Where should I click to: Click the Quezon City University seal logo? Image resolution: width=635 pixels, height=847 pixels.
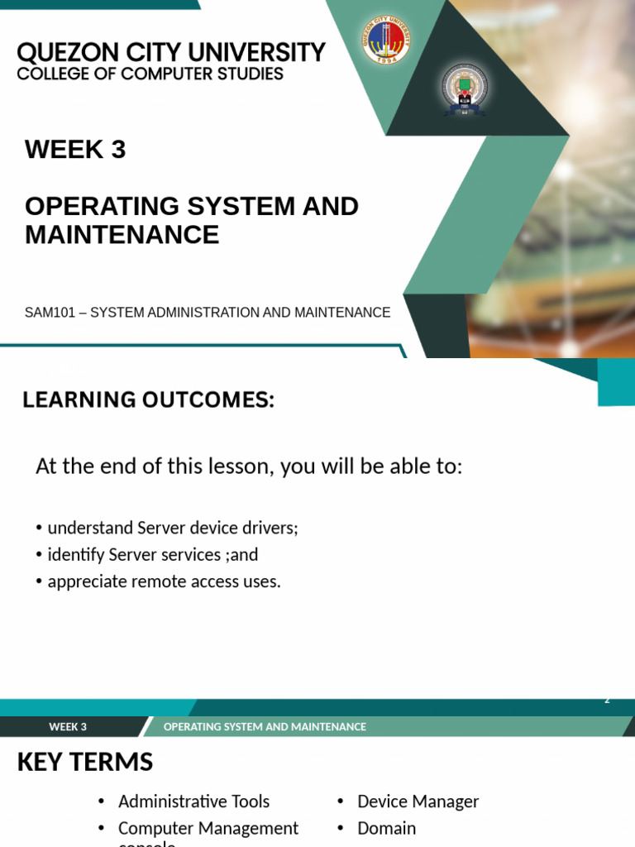pyautogui.click(x=386, y=41)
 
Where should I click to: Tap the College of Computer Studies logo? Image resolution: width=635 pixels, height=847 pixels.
pyautogui.click(x=465, y=89)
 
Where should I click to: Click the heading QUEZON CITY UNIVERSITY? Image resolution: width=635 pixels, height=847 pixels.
pyautogui.click(x=171, y=53)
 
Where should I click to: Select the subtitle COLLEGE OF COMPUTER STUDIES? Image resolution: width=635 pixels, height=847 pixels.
pyautogui.click(x=150, y=74)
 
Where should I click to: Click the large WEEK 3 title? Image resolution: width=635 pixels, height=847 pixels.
pyautogui.click(x=75, y=150)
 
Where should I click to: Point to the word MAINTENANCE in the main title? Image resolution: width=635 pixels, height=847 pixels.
pyautogui.click(x=122, y=235)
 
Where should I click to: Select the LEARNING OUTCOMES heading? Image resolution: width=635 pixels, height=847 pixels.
pyautogui.click(x=148, y=400)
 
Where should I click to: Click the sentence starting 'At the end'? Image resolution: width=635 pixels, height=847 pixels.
pyautogui.click(x=249, y=467)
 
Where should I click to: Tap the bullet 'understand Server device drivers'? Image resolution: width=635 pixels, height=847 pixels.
pyautogui.click(x=172, y=528)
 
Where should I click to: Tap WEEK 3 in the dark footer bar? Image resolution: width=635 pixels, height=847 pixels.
pyautogui.click(x=68, y=727)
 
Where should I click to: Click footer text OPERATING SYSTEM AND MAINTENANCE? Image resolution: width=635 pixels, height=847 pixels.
pyautogui.click(x=265, y=727)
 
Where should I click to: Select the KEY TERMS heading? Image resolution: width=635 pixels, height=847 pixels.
pyautogui.click(x=85, y=762)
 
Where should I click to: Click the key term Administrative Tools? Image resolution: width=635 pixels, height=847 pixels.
pyautogui.click(x=193, y=802)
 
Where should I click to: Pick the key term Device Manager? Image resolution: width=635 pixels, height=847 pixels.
pyautogui.click(x=418, y=802)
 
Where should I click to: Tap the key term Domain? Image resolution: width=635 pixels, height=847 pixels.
pyautogui.click(x=386, y=828)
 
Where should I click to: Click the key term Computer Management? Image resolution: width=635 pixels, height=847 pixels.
pyautogui.click(x=208, y=828)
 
